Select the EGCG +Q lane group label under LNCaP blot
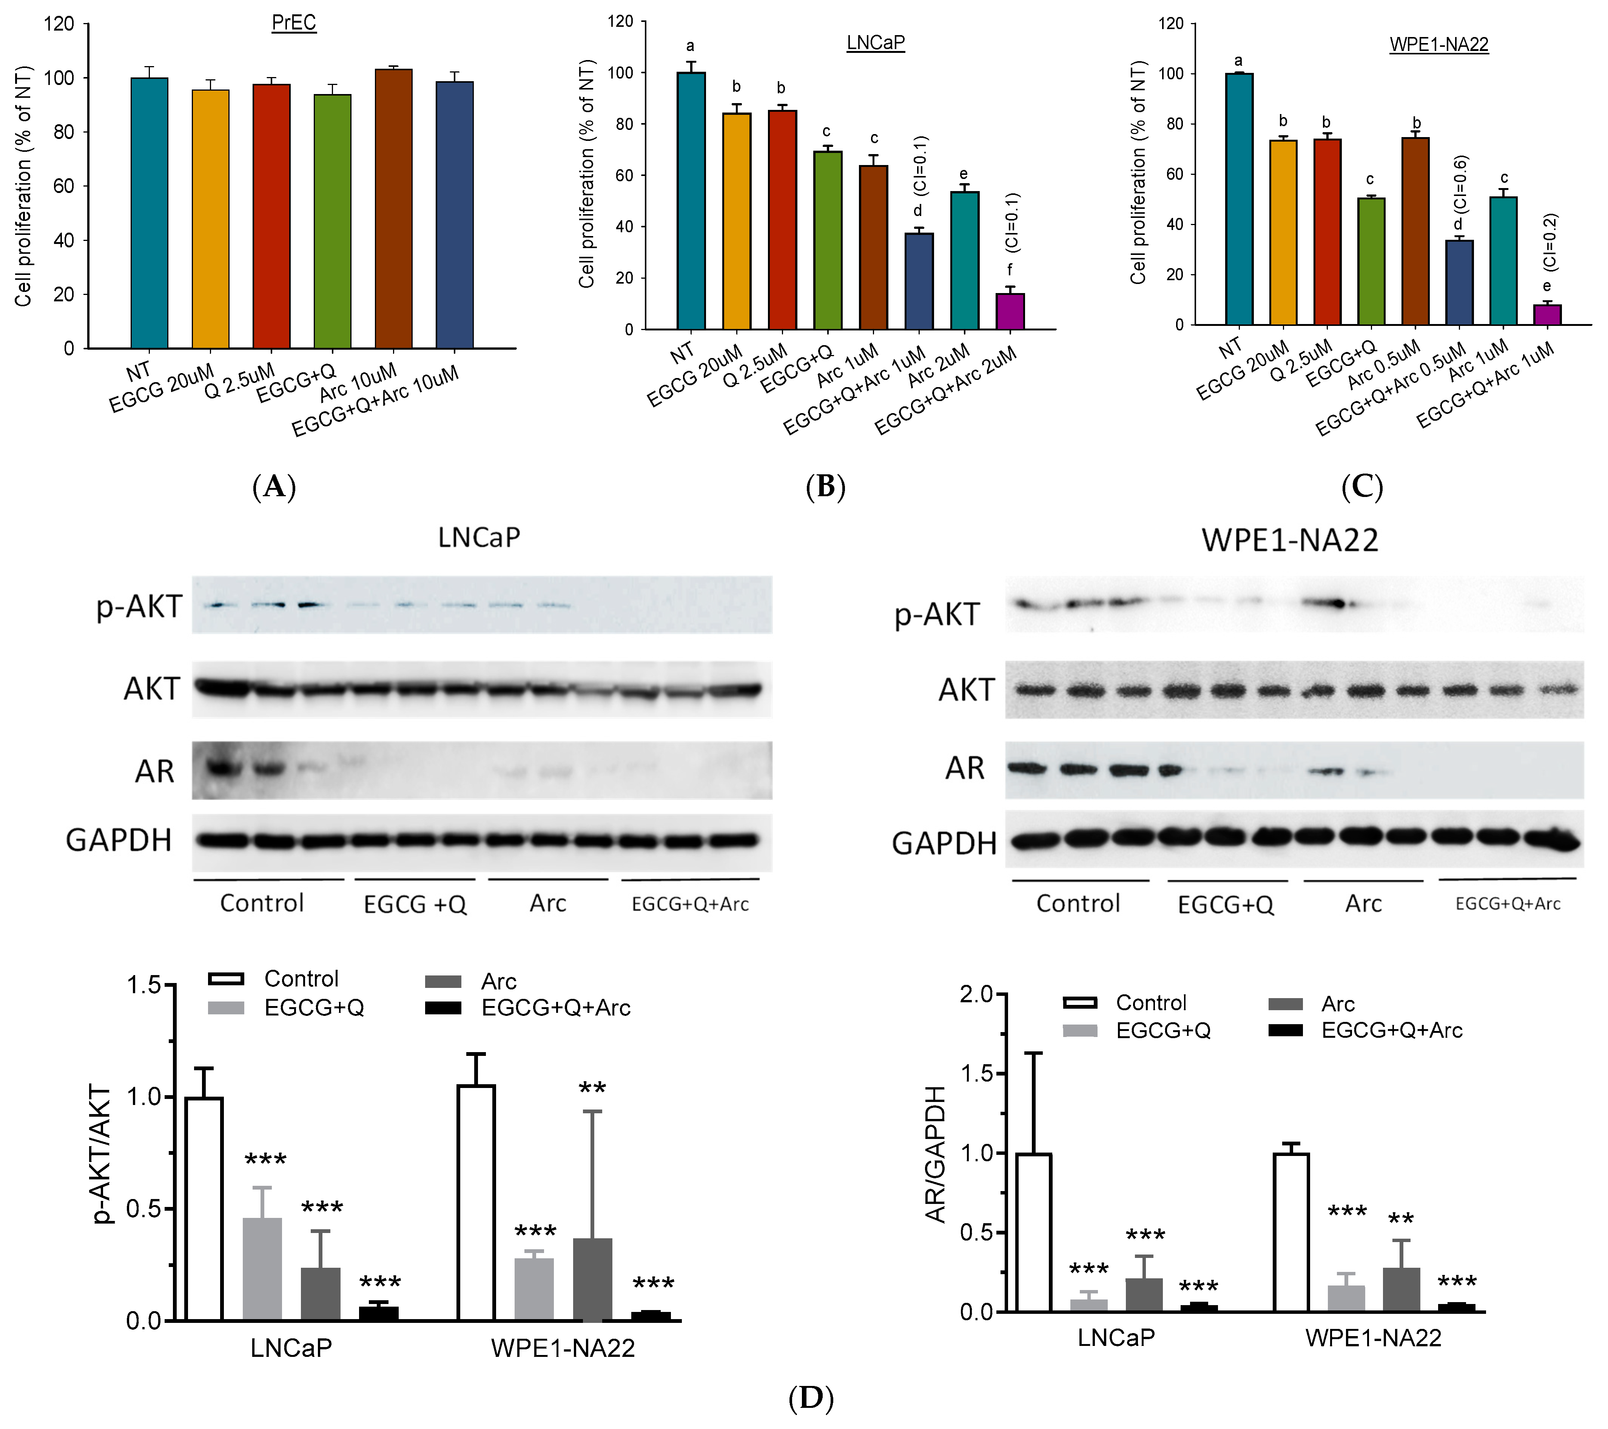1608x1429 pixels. coord(415,904)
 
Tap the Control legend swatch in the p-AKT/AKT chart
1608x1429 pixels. coord(226,979)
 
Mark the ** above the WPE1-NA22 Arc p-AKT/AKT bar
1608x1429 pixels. coord(592,1089)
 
